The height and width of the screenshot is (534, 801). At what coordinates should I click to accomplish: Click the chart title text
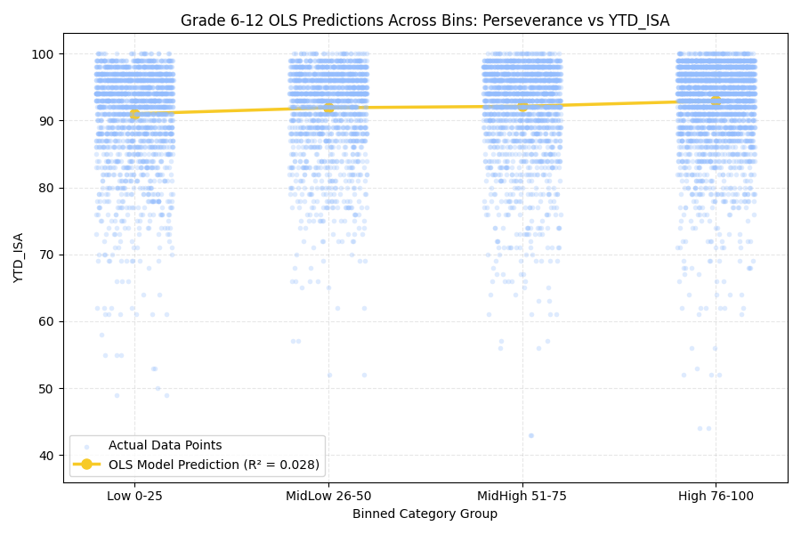tap(425, 20)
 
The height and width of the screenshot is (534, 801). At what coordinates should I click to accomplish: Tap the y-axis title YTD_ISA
tap(19, 257)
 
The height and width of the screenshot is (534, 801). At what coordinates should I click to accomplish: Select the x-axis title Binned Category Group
tap(425, 514)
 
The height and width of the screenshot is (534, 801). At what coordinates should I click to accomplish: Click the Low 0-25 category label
tap(134, 496)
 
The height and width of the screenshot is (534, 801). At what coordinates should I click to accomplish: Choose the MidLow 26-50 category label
tap(328, 496)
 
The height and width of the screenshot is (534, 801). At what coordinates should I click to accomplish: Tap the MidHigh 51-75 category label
tap(522, 496)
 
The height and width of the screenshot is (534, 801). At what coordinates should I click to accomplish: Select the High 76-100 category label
tap(716, 496)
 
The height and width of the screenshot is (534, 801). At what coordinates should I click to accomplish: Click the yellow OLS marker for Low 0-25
tap(134, 114)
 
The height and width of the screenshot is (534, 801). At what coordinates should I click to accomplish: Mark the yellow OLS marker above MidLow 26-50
tap(328, 108)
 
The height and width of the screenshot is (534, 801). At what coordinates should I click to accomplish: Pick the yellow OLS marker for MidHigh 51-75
tap(522, 106)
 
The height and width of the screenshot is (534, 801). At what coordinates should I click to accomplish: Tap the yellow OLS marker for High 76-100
tap(716, 101)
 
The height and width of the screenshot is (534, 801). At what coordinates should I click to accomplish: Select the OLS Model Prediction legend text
tap(214, 465)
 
